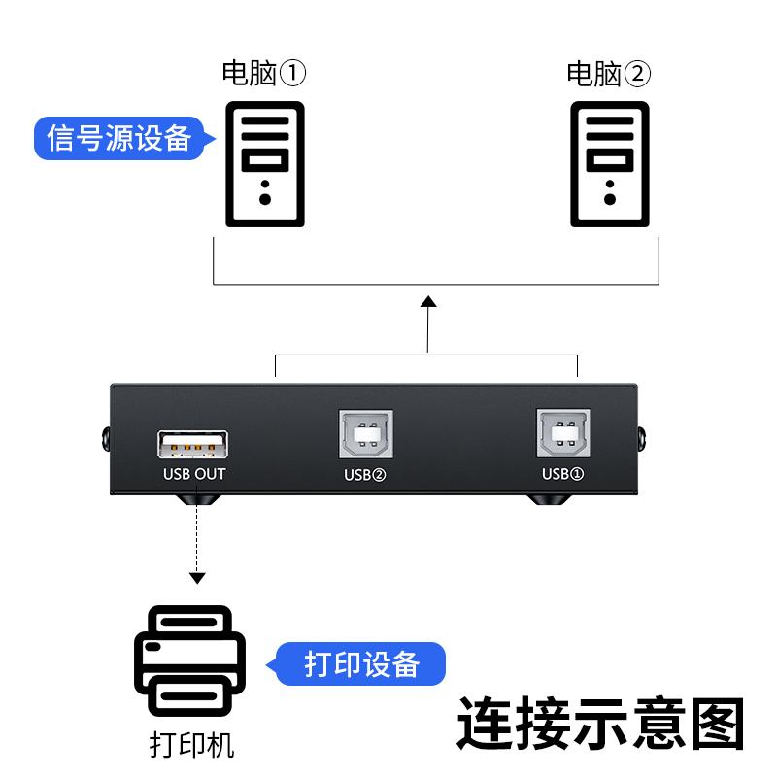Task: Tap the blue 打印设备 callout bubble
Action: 361,664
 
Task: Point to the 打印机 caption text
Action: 191,745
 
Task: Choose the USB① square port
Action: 562,433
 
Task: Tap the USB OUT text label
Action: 194,474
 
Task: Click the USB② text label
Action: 365,475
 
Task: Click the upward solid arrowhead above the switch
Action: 427,304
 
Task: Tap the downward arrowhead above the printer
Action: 197,578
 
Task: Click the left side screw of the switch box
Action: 102,440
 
